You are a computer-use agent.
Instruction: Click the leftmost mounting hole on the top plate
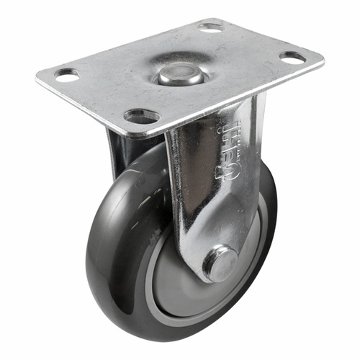click(x=66, y=74)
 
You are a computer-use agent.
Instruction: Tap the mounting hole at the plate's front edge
click(x=142, y=115)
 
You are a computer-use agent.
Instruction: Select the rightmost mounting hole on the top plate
click(x=292, y=57)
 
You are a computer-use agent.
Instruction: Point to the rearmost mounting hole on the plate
click(x=211, y=27)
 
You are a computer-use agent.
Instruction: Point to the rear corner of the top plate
click(x=216, y=19)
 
